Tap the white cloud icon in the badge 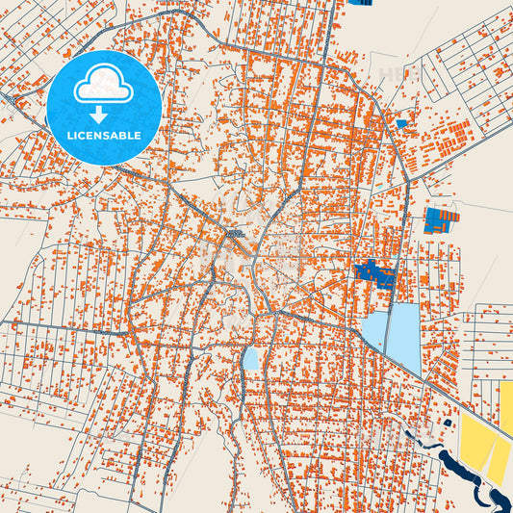coord(103,86)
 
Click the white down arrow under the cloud coord(103,113)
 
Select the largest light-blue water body coord(404,337)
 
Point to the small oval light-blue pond coord(250,358)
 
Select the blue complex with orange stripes coord(442,219)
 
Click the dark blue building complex coord(375,273)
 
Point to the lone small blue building coord(401,123)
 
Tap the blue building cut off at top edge coord(363,2)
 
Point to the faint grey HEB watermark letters coord(394,73)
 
